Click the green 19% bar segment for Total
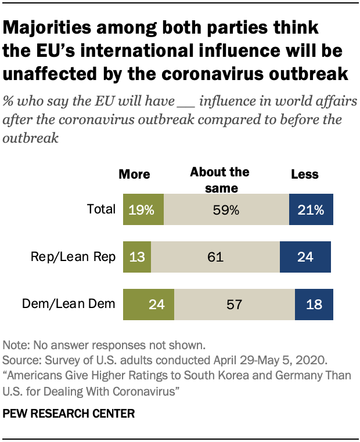[x=143, y=210]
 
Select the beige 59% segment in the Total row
[x=226, y=210]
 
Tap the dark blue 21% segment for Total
[x=311, y=210]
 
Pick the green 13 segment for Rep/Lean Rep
[x=137, y=256]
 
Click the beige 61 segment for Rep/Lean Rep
[x=215, y=256]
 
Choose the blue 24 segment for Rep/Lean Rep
[x=305, y=256]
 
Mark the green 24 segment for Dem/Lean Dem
[x=149, y=303]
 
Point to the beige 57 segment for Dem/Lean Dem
[x=234, y=303]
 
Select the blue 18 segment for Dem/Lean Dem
[x=313, y=303]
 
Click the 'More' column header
[x=134, y=175]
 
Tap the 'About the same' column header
[x=219, y=180]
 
